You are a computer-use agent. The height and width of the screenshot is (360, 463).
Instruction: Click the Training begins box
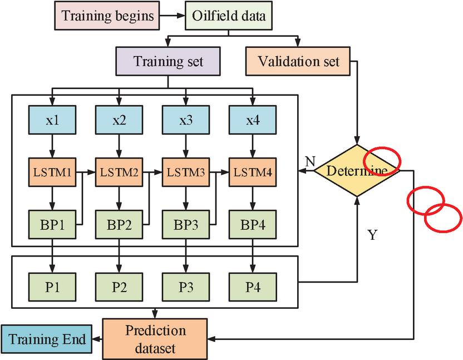(107, 16)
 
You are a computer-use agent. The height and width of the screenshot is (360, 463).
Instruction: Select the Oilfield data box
(229, 16)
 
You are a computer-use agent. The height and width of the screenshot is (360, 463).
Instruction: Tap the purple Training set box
(168, 61)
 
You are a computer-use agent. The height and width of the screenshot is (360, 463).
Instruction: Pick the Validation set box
(298, 61)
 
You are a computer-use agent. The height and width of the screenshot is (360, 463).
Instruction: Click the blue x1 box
(52, 120)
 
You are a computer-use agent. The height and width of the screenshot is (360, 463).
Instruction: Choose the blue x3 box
(186, 120)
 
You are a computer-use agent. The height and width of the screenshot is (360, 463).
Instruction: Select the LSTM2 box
(119, 172)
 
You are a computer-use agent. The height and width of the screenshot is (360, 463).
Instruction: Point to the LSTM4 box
(253, 172)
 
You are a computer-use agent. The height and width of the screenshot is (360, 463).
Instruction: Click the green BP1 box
(52, 224)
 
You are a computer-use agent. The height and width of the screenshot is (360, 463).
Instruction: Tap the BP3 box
(186, 224)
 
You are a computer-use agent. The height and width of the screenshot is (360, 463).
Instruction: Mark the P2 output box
(119, 287)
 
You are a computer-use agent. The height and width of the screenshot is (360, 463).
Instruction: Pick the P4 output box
(253, 287)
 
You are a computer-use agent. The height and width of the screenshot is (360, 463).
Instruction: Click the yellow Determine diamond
(357, 170)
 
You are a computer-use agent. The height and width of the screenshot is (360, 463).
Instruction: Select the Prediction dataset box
(155, 339)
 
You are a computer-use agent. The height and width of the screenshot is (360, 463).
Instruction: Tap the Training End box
(47, 339)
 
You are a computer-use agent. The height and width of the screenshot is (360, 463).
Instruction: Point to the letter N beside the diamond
(310, 161)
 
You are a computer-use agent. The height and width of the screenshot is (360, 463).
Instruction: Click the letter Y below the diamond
(372, 235)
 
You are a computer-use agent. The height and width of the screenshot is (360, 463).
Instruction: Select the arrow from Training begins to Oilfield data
(173, 16)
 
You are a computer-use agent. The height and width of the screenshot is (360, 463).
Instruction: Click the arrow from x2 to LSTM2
(119, 146)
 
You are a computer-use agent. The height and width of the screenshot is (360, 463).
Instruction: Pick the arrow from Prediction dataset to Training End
(97, 339)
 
